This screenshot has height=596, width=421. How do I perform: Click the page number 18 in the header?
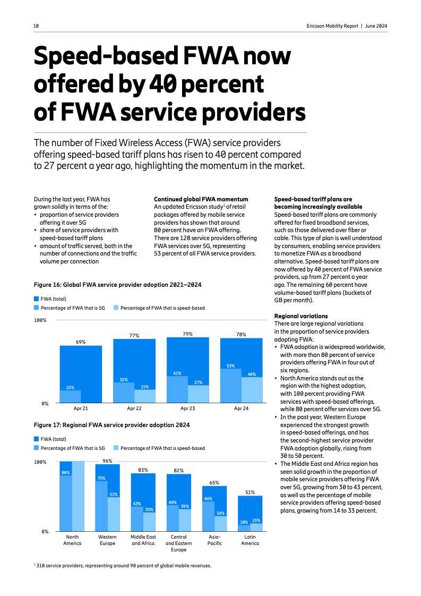36,26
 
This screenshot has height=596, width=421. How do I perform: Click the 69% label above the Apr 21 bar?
81,342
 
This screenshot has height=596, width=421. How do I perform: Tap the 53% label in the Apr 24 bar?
231,365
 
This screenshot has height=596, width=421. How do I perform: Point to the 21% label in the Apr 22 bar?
144,386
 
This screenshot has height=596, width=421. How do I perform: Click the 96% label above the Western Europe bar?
107,461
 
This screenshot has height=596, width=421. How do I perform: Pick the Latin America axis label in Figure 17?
250,540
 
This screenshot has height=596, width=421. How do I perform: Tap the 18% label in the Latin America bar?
244,522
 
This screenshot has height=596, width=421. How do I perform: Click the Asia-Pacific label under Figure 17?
214,540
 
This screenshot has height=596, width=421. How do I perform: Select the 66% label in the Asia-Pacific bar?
208,498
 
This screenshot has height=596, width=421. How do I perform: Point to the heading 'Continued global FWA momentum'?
201,199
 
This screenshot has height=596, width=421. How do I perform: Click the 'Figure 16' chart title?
117,285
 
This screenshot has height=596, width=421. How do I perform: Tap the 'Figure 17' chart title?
111,425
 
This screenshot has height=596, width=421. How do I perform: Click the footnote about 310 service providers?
123,566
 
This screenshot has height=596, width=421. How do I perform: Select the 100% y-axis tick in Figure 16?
40,320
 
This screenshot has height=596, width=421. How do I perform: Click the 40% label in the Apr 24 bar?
252,374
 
